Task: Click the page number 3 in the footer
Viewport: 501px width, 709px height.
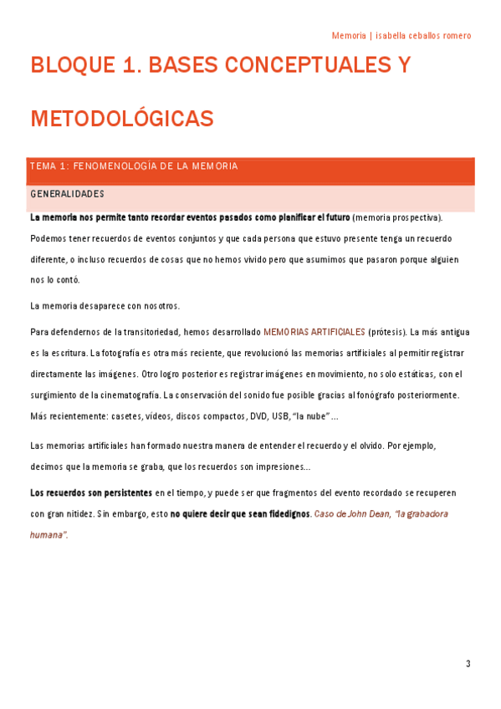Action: (468, 664)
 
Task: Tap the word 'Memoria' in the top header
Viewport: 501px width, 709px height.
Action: (349, 36)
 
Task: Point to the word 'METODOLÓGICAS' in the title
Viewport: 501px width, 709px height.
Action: (122, 119)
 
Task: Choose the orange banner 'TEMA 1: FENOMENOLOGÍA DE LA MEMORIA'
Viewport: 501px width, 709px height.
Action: (134, 166)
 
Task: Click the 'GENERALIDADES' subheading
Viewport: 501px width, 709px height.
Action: (67, 194)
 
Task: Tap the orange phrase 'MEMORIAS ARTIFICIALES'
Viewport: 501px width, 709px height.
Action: (314, 332)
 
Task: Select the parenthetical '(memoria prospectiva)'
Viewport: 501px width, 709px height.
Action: (397, 217)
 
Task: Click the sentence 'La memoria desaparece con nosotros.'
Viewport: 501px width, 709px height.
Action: (105, 306)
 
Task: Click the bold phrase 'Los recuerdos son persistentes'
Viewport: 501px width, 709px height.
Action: (91, 492)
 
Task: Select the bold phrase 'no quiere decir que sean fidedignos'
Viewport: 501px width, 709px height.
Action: (240, 513)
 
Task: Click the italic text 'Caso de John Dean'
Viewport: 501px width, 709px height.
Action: (352, 513)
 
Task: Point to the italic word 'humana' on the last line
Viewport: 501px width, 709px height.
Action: (48, 534)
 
